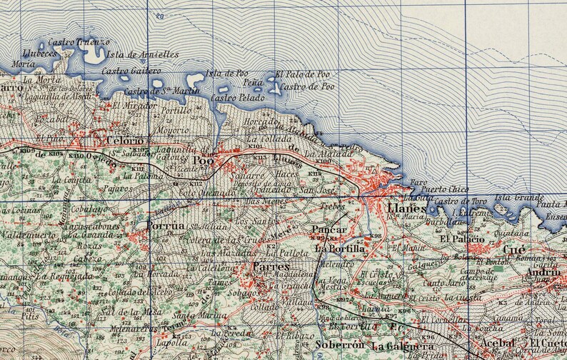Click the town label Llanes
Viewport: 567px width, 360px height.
(406, 209)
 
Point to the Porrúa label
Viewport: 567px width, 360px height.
(165, 226)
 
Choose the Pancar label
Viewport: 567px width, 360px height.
(329, 230)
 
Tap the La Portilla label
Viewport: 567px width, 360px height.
(340, 249)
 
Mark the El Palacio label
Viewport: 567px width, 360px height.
(462, 238)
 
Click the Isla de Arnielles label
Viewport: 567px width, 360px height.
(143, 54)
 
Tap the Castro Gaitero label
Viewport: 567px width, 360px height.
(131, 71)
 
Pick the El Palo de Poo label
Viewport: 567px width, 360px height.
(303, 74)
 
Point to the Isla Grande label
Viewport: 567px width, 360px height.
(519, 197)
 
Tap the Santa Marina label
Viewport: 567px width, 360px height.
(194, 314)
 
